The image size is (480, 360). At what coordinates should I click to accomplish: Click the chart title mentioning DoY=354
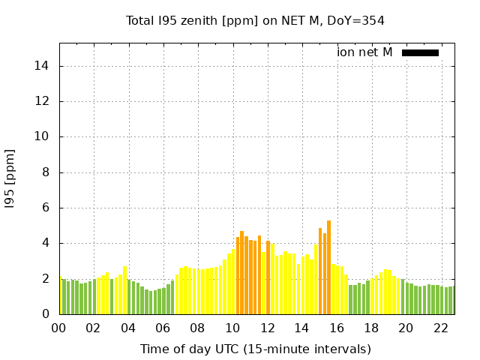click(x=255, y=20)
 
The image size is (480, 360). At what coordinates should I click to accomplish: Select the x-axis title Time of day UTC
click(x=255, y=349)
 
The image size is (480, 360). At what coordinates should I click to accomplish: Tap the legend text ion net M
click(x=364, y=52)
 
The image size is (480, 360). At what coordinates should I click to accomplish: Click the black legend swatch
click(x=420, y=52)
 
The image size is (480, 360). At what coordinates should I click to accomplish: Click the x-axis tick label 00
click(x=58, y=328)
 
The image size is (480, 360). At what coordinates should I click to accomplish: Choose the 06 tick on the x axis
click(x=163, y=328)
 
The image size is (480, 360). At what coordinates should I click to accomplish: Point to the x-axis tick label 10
click(x=232, y=328)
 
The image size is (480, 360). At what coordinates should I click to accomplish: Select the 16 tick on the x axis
click(x=337, y=328)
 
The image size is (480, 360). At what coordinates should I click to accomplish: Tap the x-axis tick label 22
click(x=441, y=328)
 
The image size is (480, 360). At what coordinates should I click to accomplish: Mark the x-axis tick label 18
click(x=371, y=328)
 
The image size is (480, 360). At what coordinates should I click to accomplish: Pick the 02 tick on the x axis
click(x=93, y=328)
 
